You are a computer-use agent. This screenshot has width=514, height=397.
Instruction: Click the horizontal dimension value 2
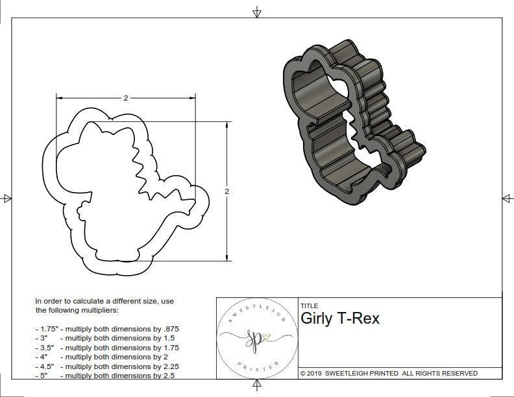point(125,98)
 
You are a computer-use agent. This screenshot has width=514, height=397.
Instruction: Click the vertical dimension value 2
point(226,191)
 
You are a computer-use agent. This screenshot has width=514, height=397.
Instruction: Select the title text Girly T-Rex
point(340,319)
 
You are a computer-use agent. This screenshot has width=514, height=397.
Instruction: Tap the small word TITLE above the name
point(309,306)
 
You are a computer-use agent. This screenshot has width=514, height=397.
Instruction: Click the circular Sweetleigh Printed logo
point(255,337)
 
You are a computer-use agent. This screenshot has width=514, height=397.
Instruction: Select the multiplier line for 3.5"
point(106,347)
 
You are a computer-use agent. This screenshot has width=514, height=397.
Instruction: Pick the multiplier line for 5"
point(104,375)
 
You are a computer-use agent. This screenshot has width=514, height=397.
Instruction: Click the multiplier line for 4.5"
point(106,366)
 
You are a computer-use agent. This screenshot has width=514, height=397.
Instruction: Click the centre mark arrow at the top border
point(257,12)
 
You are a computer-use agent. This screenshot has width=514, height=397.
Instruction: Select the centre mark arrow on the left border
point(6,198)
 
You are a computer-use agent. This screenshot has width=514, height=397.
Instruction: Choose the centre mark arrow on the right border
point(507,198)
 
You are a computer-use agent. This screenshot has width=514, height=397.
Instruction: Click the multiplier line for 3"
point(104,338)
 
